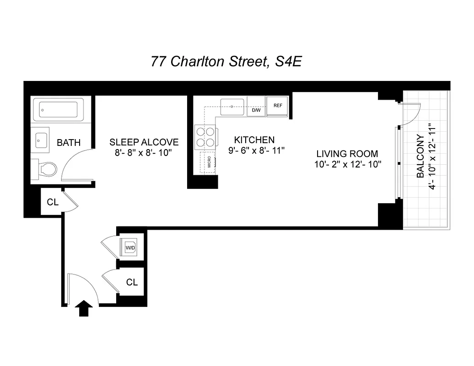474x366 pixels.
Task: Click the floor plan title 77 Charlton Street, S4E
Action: [x=226, y=61]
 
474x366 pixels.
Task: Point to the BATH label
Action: [x=69, y=143]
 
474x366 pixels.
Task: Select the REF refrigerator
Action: [x=277, y=106]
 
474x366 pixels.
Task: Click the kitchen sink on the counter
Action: [x=233, y=107]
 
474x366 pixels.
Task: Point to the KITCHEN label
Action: [x=254, y=140]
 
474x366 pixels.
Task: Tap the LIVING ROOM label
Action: [x=348, y=154]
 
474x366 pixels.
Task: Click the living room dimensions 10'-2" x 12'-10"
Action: [x=348, y=164]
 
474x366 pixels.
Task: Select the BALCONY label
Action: [x=420, y=156]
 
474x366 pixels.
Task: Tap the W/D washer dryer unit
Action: [x=130, y=248]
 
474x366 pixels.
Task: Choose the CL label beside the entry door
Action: [x=132, y=282]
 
